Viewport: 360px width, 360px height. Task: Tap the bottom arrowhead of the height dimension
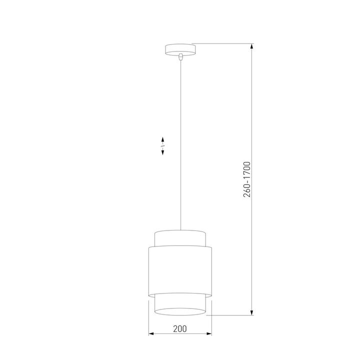[x=251, y=312]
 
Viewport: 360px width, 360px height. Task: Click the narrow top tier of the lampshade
[x=180, y=238]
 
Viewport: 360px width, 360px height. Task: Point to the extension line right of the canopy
[x=222, y=43]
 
